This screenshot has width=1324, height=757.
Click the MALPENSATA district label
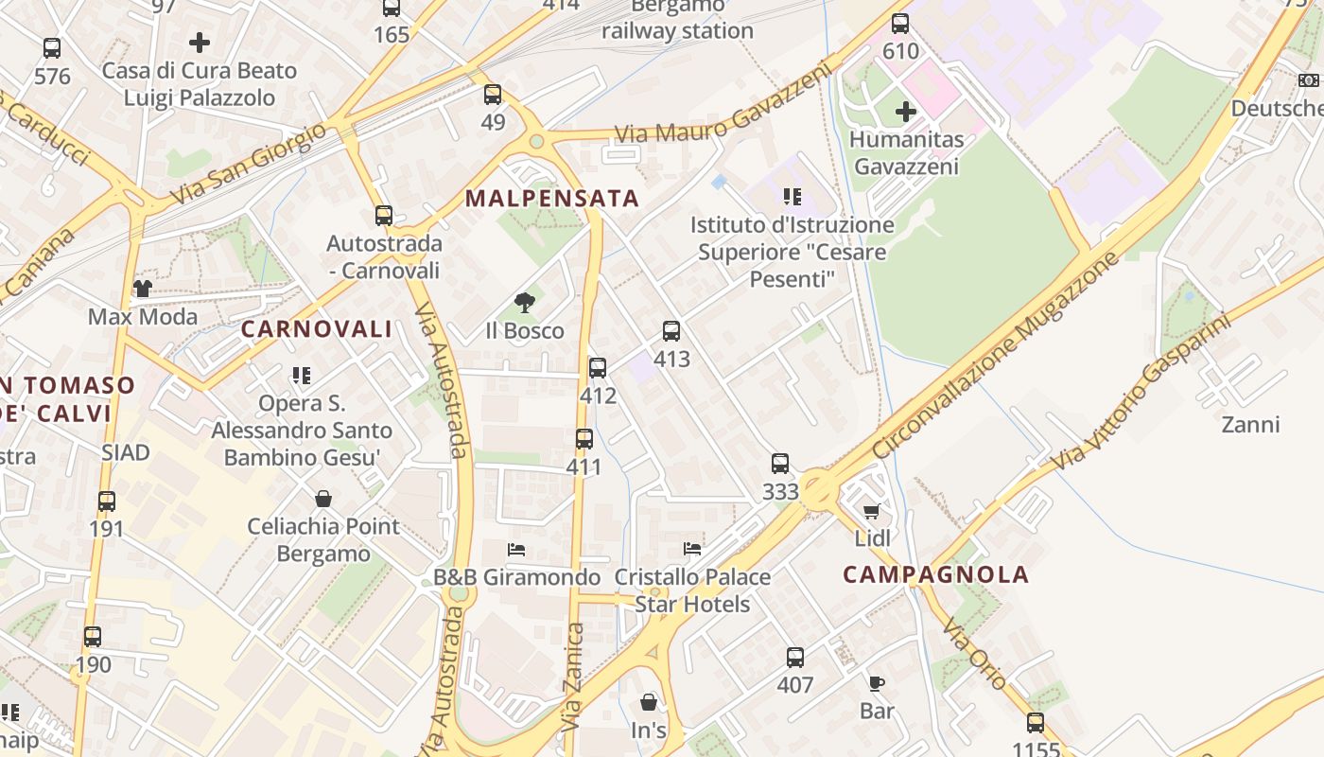(552, 200)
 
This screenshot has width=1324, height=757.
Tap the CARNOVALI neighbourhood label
(316, 329)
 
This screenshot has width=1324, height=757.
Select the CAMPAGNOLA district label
(935, 574)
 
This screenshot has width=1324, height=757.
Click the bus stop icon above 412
(598, 368)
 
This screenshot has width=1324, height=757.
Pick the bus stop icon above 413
(671, 331)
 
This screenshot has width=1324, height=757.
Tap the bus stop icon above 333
(780, 464)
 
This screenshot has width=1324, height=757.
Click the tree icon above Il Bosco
(525, 303)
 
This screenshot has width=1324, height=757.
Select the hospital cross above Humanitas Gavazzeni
(906, 112)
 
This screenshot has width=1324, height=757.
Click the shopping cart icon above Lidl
(872, 512)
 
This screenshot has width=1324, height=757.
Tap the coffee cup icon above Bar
(877, 683)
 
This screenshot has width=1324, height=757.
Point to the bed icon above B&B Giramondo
(516, 550)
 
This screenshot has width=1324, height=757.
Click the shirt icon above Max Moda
(143, 289)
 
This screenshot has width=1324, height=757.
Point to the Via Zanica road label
(573, 678)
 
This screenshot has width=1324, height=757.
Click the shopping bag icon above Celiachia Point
(323, 499)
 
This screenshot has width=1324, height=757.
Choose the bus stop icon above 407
(795, 658)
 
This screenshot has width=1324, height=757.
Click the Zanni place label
(1250, 425)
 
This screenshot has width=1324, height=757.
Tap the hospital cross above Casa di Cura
(200, 43)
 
